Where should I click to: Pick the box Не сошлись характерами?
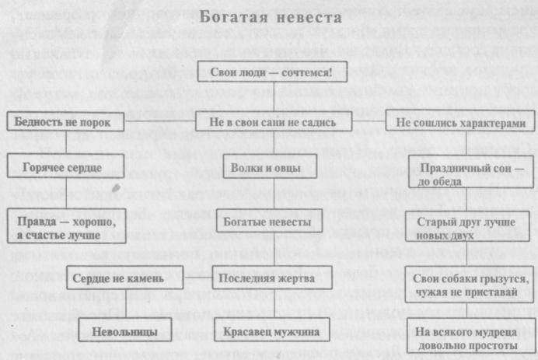461,122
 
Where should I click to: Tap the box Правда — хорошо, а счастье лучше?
60,226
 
